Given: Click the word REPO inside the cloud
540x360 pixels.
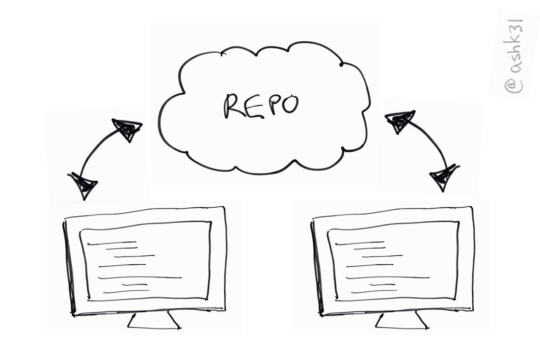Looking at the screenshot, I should (x=261, y=105).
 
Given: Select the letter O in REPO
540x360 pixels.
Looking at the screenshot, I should (x=290, y=104).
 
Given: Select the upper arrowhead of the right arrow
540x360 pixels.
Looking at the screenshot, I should (x=400, y=120).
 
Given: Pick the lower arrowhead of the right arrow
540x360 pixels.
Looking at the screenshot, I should (x=443, y=177).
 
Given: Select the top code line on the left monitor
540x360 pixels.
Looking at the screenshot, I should (x=112, y=243).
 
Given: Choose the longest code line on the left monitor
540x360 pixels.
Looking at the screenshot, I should (x=140, y=278).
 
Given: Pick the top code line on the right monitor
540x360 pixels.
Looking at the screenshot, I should (x=360, y=243).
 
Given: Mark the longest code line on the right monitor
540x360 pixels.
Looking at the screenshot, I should (x=388, y=278).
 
